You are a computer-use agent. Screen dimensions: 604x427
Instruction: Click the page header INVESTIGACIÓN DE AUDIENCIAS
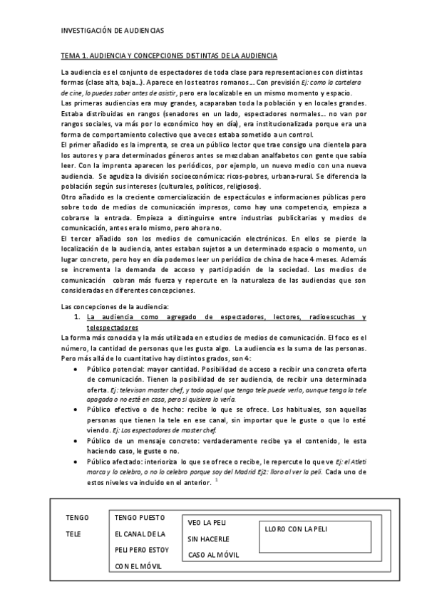click(113, 31)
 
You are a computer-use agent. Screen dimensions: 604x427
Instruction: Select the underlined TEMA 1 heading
click(169, 55)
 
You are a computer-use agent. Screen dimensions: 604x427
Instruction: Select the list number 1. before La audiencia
click(78, 316)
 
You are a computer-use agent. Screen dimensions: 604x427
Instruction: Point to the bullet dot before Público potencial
click(76, 370)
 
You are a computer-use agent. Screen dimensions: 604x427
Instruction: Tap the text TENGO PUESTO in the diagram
click(139, 517)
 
